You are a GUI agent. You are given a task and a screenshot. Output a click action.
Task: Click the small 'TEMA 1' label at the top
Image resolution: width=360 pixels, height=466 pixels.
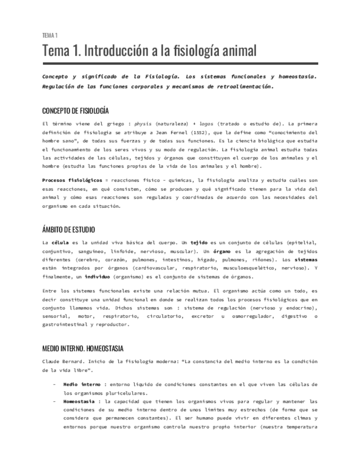pyautogui.click(x=50, y=36)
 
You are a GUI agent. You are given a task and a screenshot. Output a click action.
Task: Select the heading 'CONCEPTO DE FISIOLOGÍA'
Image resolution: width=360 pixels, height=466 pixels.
pyautogui.click(x=75, y=110)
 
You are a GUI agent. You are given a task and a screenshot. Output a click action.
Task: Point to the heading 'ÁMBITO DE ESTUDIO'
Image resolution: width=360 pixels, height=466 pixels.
pyautogui.click(x=68, y=230)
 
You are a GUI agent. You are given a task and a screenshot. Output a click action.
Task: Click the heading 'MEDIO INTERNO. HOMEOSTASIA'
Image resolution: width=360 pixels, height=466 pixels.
pyautogui.click(x=83, y=348)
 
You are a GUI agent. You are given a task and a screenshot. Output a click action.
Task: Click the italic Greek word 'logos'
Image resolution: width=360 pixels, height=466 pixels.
pyautogui.click(x=206, y=124)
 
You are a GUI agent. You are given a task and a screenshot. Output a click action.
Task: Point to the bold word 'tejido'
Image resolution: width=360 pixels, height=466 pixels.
pyautogui.click(x=199, y=242)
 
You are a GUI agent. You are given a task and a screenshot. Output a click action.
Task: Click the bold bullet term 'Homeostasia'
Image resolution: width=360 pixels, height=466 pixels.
pyautogui.click(x=80, y=401)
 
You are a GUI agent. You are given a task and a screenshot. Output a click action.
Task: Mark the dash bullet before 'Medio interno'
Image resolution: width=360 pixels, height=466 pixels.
pyautogui.click(x=54, y=384)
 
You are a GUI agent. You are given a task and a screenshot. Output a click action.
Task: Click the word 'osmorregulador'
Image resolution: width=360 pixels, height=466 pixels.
pyautogui.click(x=247, y=316)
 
